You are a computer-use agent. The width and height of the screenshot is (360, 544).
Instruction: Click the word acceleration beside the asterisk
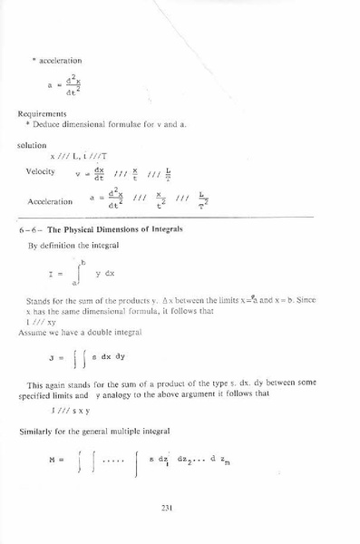[x=60, y=60]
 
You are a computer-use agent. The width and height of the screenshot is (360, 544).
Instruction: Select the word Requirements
[x=38, y=114]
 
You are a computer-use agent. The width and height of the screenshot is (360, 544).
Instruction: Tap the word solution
[x=32, y=144]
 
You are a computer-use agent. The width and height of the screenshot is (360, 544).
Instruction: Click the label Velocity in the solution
[x=42, y=171]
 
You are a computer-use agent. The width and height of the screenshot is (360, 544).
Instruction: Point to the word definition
[x=63, y=246]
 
